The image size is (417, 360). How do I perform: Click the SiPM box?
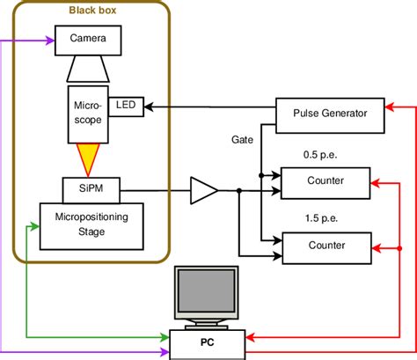point(88,188)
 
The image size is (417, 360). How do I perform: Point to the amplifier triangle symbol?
point(203,188)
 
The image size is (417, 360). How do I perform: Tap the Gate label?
point(243,140)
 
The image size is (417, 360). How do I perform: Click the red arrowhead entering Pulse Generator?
point(387,113)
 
